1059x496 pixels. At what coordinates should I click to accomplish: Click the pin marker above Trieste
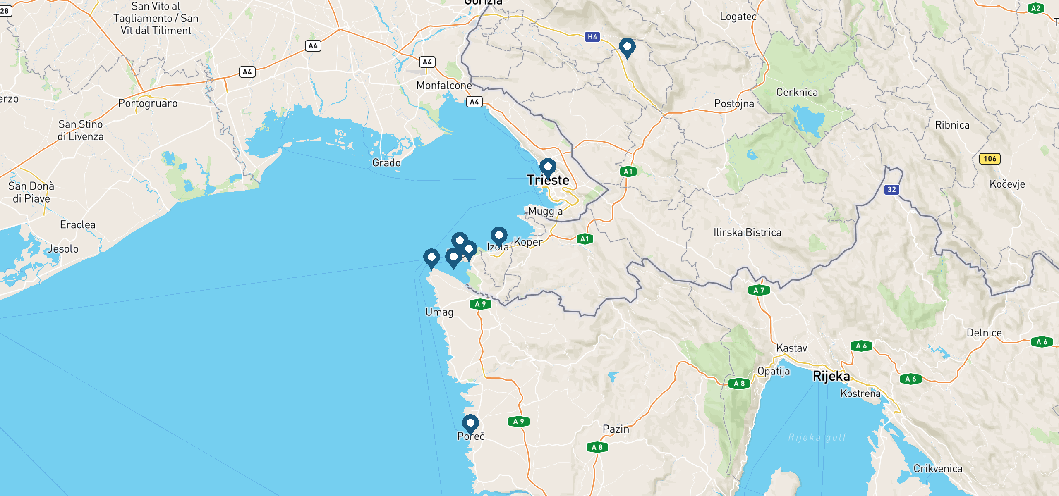[x=548, y=167]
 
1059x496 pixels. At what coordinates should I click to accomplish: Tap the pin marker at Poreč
[x=470, y=423]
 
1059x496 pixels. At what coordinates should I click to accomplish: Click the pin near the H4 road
[x=627, y=47]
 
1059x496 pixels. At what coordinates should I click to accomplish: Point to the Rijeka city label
[x=831, y=376]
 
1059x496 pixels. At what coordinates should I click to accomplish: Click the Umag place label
[x=439, y=312]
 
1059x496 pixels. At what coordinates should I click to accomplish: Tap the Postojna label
[x=734, y=103]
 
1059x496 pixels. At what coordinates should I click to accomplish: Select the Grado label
[x=386, y=163]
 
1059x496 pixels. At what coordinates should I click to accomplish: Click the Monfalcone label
[x=444, y=86]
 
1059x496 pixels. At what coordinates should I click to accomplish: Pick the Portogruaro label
[x=148, y=103]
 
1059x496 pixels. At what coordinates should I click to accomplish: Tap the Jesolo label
[x=63, y=249]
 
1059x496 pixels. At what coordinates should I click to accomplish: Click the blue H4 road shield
[x=592, y=37]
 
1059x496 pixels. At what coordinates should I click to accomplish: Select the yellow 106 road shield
[x=990, y=159]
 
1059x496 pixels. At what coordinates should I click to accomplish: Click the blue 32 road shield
[x=891, y=190]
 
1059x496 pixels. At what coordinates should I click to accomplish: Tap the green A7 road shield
[x=759, y=290]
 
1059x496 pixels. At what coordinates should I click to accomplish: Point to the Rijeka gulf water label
[x=817, y=437]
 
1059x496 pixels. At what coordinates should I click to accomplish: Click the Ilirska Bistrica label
[x=747, y=233]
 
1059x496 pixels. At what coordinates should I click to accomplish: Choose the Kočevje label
[x=1007, y=184]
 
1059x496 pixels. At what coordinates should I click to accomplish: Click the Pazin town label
[x=616, y=429]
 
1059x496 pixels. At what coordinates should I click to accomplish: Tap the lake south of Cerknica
[x=809, y=120]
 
